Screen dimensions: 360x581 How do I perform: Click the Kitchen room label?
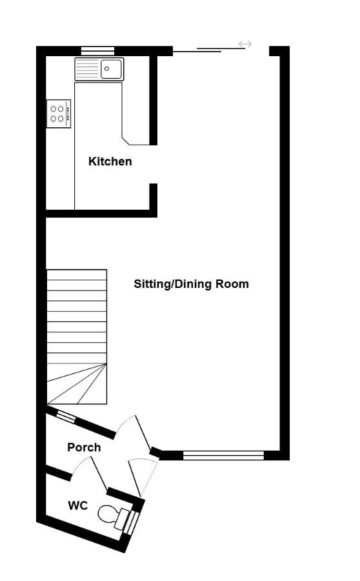(x=110, y=161)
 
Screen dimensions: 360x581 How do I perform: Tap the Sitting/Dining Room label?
(x=191, y=284)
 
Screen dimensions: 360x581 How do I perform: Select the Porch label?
(x=84, y=447)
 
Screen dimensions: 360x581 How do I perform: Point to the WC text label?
(x=78, y=505)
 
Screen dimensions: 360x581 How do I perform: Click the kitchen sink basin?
(x=111, y=69)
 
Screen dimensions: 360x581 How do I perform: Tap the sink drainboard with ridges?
(x=87, y=69)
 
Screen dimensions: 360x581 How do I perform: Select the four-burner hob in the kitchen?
(x=59, y=114)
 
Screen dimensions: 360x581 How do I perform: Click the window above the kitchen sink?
(x=98, y=51)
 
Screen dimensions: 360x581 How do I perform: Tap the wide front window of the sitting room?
(x=223, y=455)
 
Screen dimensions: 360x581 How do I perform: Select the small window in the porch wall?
(x=66, y=416)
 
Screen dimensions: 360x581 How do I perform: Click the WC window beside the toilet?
(x=132, y=523)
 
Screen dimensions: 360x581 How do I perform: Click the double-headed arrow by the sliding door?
(x=245, y=45)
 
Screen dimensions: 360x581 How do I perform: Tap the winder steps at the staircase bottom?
(x=77, y=384)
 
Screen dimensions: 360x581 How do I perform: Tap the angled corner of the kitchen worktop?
(x=126, y=141)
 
